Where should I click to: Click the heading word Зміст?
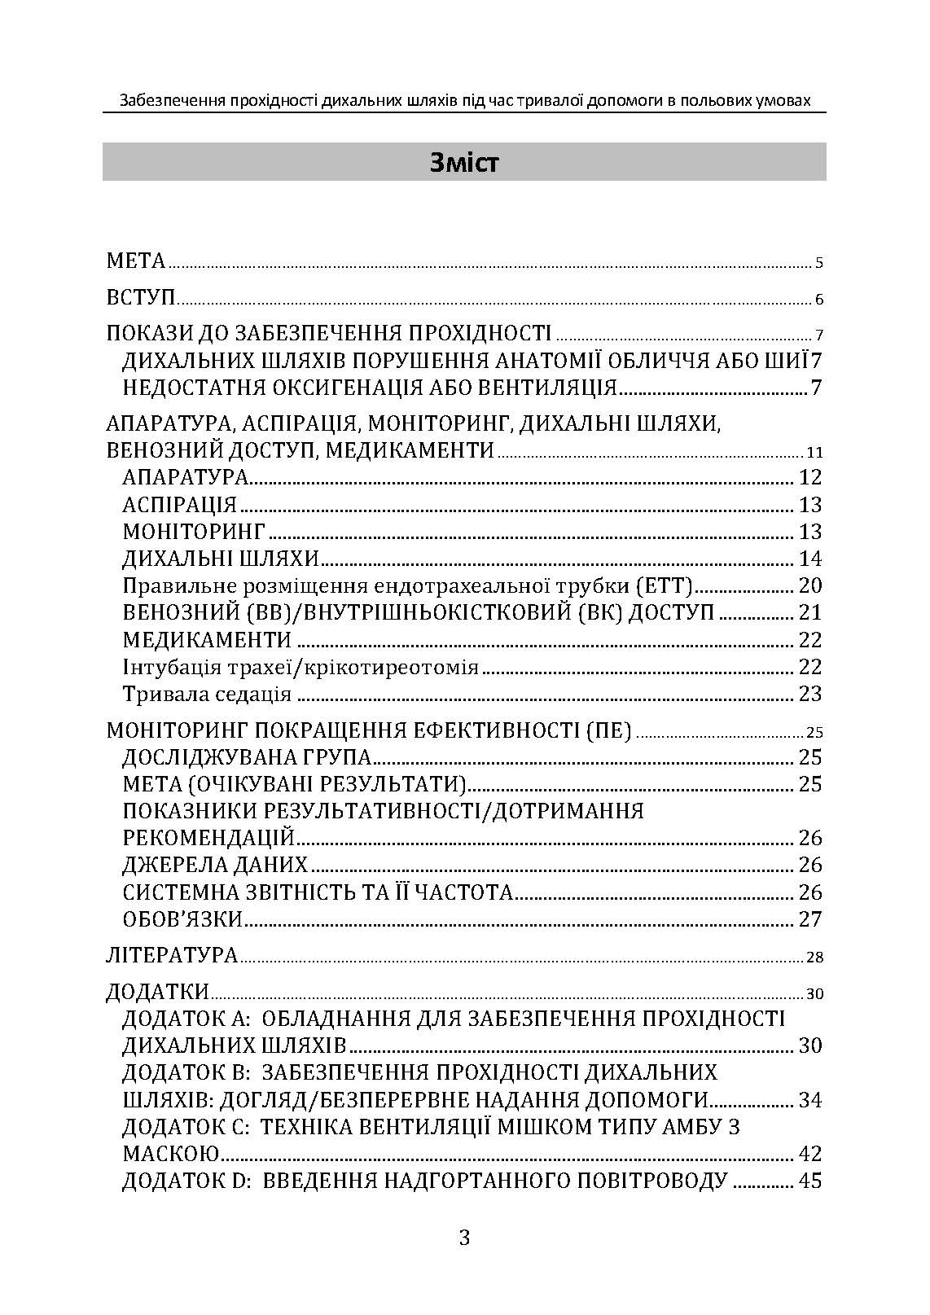(x=464, y=163)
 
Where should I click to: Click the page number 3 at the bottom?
(x=464, y=1238)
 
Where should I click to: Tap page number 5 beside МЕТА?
(x=819, y=263)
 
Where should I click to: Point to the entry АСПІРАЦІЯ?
(x=179, y=505)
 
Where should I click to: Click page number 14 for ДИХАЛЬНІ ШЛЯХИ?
(x=810, y=559)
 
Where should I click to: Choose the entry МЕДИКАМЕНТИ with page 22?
(x=207, y=640)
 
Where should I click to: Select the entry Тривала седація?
(x=207, y=694)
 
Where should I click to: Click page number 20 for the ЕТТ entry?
(x=810, y=585)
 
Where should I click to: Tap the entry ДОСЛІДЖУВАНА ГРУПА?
(x=247, y=757)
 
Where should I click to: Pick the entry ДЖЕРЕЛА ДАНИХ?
(x=215, y=865)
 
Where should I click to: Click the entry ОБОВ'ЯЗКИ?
(x=182, y=919)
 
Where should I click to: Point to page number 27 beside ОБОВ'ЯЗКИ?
(x=810, y=919)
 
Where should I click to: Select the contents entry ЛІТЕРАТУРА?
(x=172, y=955)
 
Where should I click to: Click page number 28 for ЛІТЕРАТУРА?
(x=814, y=957)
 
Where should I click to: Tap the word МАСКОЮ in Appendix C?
(x=171, y=1154)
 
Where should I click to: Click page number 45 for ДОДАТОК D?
(x=810, y=1181)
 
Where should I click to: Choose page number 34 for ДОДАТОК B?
(x=810, y=1100)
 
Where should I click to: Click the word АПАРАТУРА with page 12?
(x=185, y=477)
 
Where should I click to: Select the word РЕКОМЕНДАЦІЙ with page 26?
(x=208, y=838)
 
